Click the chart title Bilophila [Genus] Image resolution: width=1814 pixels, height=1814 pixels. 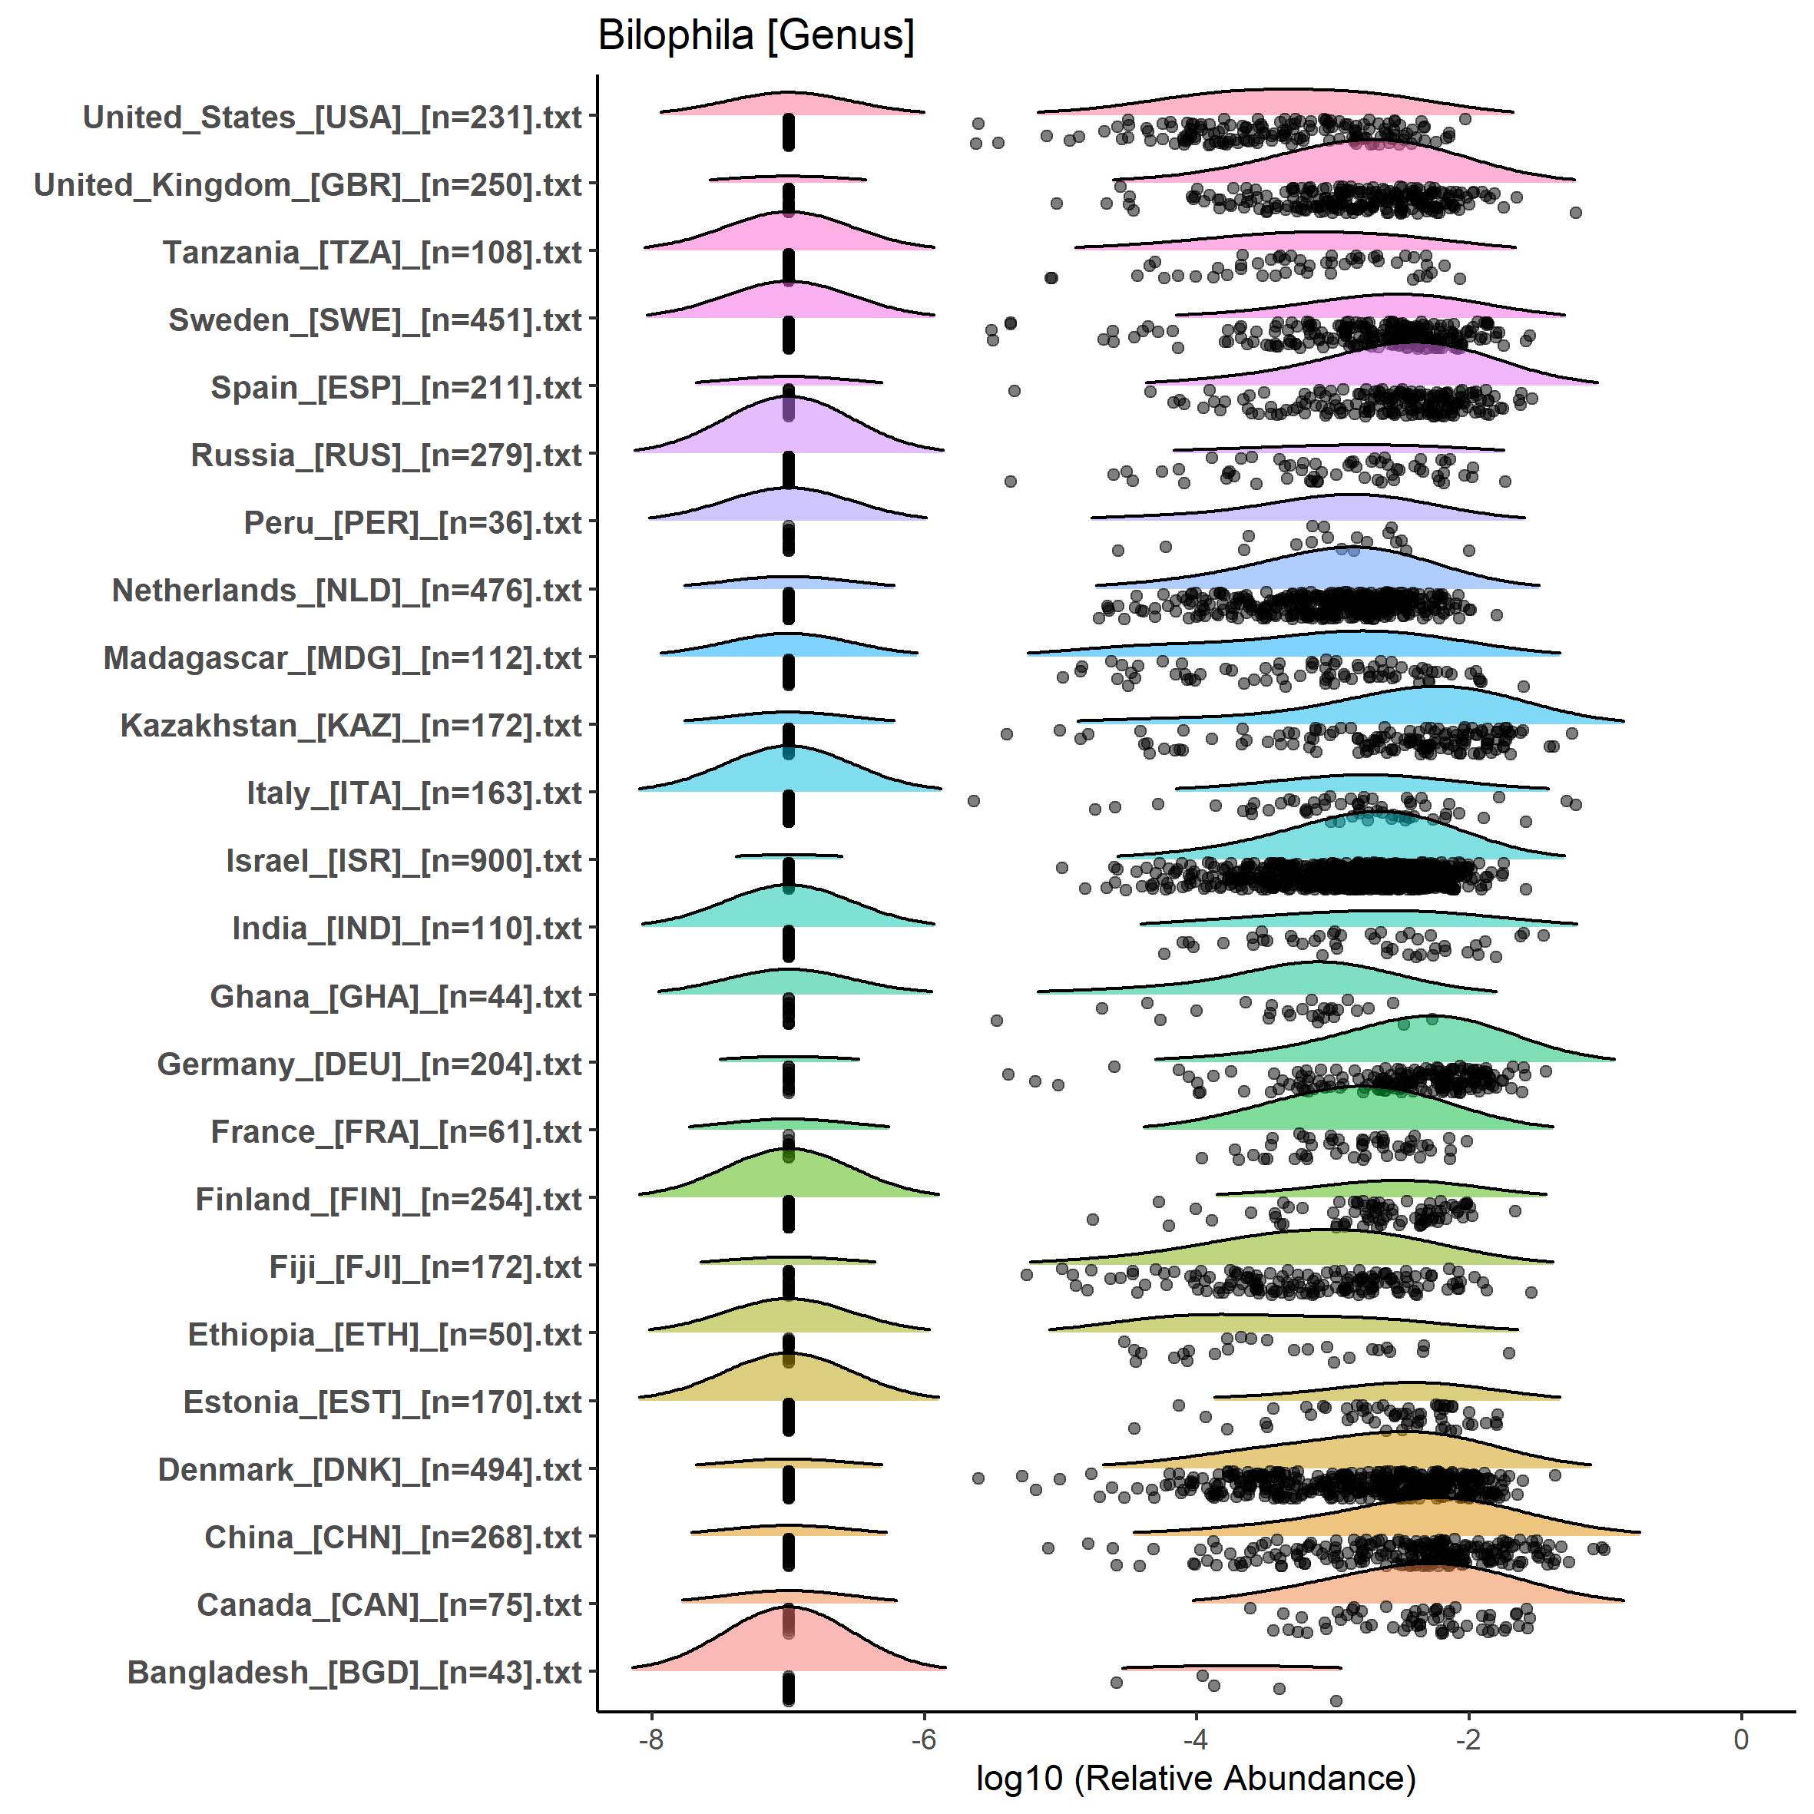click(756, 35)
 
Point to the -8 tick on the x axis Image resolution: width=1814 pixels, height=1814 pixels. click(650, 1739)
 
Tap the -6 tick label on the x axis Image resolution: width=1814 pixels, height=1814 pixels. click(924, 1739)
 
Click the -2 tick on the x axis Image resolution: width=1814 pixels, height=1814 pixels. click(1468, 1739)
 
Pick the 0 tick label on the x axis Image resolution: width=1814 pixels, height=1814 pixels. click(1741, 1739)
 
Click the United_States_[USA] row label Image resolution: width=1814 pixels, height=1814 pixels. click(333, 118)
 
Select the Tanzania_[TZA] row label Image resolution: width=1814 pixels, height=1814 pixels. click(372, 253)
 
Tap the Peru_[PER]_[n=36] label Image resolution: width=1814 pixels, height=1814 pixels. click(413, 523)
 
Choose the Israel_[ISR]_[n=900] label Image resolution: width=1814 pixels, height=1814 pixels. click(404, 861)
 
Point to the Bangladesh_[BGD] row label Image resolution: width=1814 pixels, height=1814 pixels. click(354, 1672)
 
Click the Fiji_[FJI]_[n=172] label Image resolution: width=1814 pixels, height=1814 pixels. click(425, 1266)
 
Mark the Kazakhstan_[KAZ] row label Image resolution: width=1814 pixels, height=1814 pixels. click(351, 726)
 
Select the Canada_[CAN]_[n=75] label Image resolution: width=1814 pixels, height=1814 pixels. click(389, 1604)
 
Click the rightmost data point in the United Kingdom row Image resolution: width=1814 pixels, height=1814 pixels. click(1575, 214)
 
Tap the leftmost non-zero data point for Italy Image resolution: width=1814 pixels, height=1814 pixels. click(974, 801)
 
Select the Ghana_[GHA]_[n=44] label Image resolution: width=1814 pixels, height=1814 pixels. click(396, 996)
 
